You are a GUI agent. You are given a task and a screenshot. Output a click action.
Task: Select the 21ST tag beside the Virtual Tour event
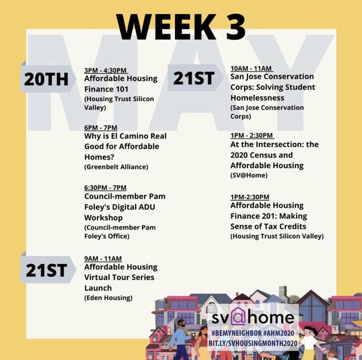[46, 270]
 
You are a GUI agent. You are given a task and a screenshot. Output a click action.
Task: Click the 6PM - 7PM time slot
[101, 128]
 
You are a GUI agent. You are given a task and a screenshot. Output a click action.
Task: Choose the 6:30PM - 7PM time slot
[106, 187]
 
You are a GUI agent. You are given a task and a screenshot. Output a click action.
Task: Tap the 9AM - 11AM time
[103, 258]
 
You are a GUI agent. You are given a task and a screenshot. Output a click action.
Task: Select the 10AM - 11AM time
[251, 68]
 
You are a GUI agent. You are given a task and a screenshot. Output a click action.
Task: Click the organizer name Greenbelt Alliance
[116, 167]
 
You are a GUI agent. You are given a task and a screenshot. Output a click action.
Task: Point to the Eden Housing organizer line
[108, 298]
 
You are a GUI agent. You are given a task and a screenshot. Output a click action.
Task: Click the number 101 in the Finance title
[125, 89]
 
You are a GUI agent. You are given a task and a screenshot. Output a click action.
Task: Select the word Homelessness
[257, 98]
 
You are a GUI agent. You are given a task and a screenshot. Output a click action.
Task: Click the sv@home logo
[253, 318]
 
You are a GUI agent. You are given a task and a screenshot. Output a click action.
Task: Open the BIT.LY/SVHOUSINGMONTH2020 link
[254, 343]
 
